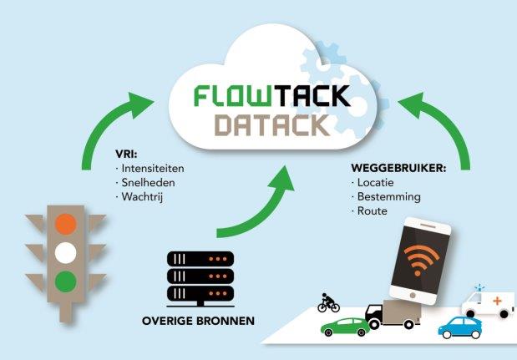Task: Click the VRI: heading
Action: coord(127,154)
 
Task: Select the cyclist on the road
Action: coord(328,302)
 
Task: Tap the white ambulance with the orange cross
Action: coord(490,302)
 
